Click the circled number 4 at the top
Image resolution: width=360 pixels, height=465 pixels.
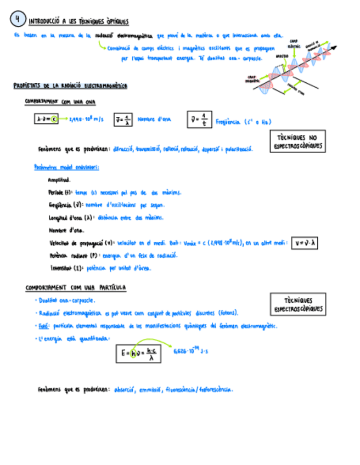[18, 19]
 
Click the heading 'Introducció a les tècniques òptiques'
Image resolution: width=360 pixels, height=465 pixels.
[78, 21]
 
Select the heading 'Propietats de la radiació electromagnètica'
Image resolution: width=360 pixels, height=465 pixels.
[70, 86]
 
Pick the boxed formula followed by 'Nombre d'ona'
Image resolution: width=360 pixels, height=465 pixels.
[123, 120]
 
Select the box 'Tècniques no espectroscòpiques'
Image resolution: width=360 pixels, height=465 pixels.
[298, 142]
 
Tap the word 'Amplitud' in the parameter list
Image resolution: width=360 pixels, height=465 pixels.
[59, 180]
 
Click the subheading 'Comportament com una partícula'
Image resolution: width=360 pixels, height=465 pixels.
[76, 288]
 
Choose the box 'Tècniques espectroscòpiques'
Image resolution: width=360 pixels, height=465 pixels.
[298, 305]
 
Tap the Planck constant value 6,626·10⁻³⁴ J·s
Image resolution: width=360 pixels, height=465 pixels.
[190, 351]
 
